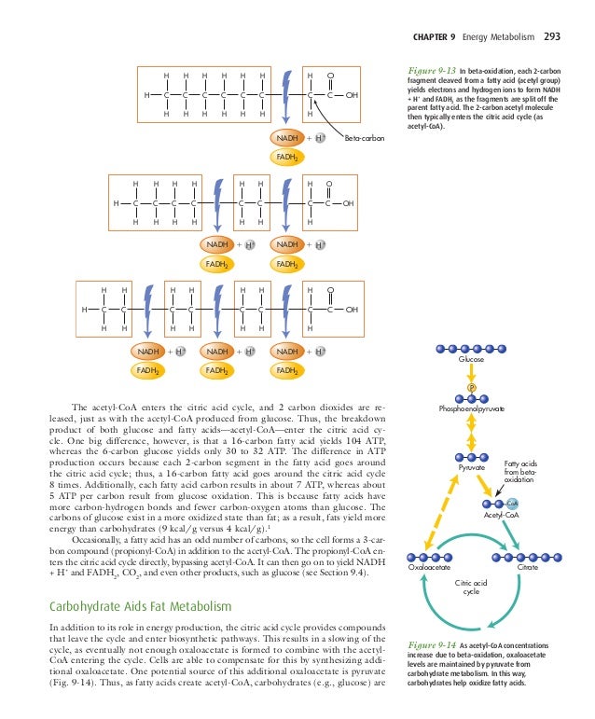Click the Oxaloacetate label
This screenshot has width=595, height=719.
(x=430, y=567)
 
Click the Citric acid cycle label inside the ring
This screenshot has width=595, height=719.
(x=472, y=586)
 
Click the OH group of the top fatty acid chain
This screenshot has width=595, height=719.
(x=352, y=95)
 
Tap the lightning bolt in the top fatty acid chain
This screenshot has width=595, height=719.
(x=284, y=95)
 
